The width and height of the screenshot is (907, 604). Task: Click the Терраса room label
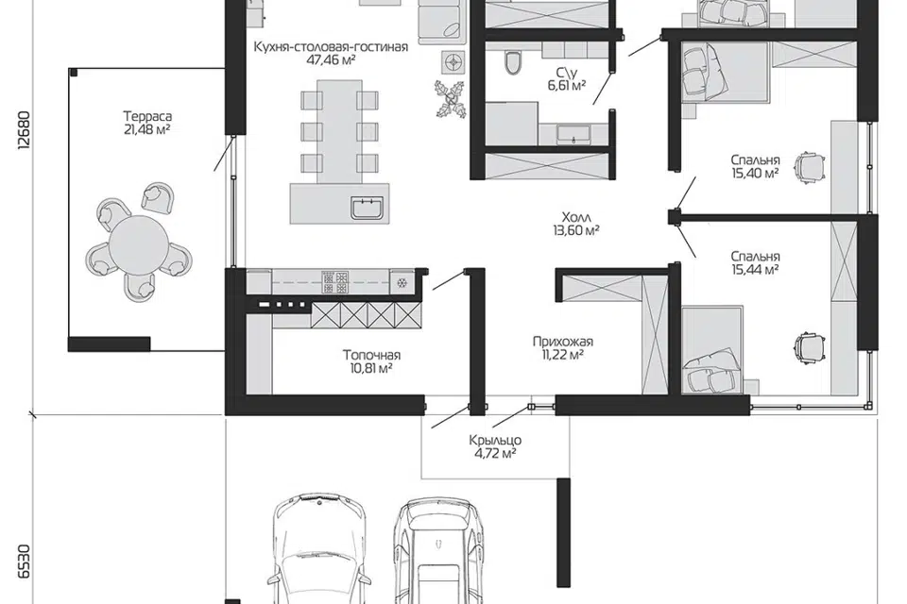tap(147, 117)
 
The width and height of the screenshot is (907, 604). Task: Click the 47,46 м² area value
tap(331, 59)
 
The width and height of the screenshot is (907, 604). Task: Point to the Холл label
tap(576, 217)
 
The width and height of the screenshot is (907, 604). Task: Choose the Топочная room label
tap(371, 355)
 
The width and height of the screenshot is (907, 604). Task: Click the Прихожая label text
tap(563, 342)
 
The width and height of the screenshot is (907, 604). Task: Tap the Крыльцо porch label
tap(495, 441)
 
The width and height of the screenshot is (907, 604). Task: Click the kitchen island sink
tap(367, 208)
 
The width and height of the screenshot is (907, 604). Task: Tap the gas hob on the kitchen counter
tap(334, 281)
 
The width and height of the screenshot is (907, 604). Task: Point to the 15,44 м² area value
tap(754, 269)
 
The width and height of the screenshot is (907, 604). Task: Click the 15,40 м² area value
tap(754, 173)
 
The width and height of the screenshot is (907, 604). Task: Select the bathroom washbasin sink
tap(573, 134)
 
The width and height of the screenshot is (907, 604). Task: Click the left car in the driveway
tap(319, 552)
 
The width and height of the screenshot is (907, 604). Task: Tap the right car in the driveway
tap(437, 552)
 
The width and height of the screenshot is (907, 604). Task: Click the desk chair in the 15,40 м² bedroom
tap(809, 168)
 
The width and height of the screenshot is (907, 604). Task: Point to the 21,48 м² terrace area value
tap(147, 129)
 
